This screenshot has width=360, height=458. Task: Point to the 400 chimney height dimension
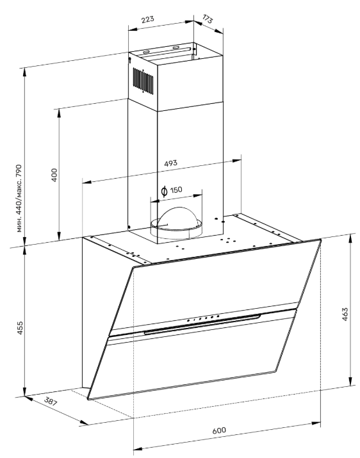54,174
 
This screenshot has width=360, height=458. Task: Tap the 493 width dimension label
170,163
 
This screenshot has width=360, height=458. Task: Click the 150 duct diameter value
177,190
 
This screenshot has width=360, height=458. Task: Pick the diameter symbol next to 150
164,190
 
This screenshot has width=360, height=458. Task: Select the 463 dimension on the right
345,315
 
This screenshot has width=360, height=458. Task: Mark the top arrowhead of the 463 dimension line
350,237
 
